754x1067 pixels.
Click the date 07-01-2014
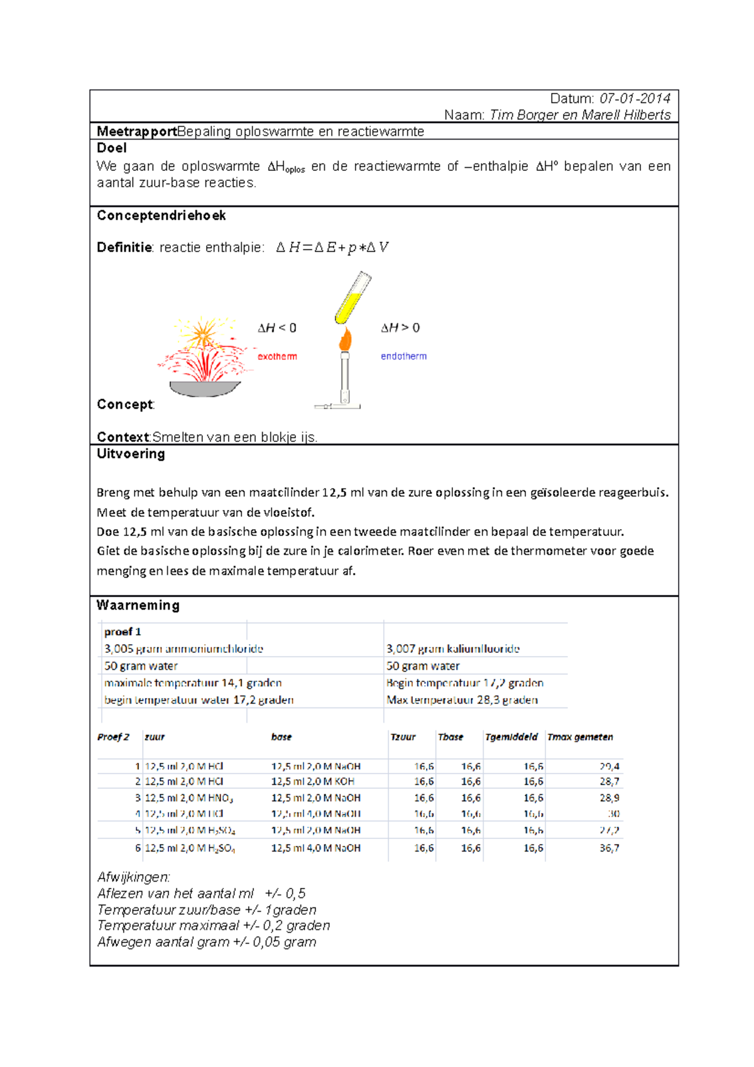[x=635, y=99]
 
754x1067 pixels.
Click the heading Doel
[x=111, y=148]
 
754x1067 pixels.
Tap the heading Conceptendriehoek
[x=161, y=216]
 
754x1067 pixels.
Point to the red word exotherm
[x=277, y=356]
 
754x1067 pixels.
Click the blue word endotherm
[x=403, y=356]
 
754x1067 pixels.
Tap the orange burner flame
[x=345, y=339]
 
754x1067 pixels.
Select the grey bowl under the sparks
[x=204, y=389]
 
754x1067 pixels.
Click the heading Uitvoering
[x=131, y=454]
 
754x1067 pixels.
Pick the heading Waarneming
[x=138, y=605]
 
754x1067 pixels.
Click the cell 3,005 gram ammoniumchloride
[x=183, y=649]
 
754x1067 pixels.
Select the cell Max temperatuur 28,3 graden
[x=462, y=700]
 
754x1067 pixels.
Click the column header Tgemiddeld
[x=511, y=737]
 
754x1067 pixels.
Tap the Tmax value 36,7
[x=609, y=848]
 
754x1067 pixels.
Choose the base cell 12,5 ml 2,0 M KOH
[x=312, y=782]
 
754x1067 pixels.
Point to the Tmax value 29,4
[x=609, y=767]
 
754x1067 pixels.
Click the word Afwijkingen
[x=133, y=877]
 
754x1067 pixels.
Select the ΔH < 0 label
[x=277, y=328]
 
